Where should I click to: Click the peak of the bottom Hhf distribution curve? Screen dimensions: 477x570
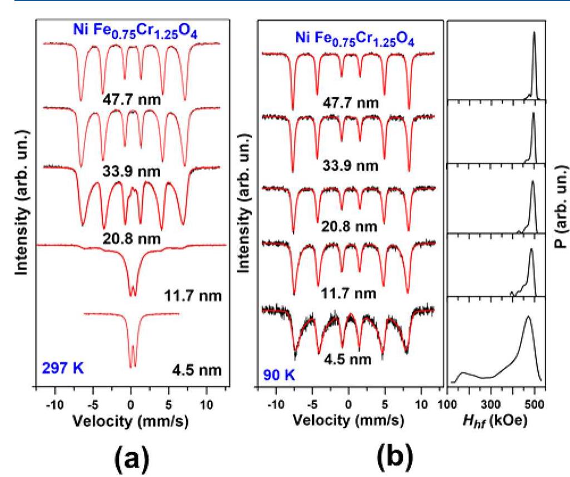[528, 316]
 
